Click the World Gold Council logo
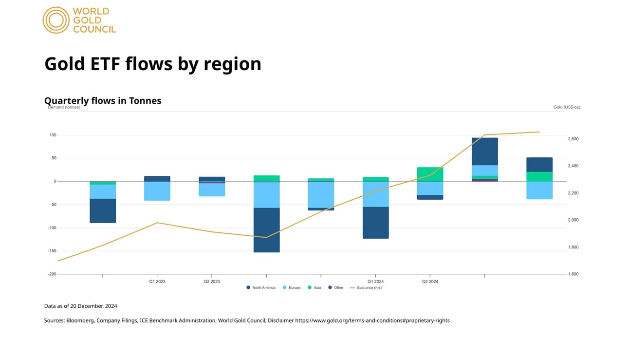pyautogui.click(x=79, y=20)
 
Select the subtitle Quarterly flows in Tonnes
pyautogui.click(x=103, y=100)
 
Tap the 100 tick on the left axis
pyautogui.click(x=52, y=135)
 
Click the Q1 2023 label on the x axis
pyautogui.click(x=157, y=282)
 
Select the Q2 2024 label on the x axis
pyautogui.click(x=430, y=282)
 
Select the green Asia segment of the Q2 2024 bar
pyautogui.click(x=430, y=174)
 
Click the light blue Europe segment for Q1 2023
pyautogui.click(x=157, y=191)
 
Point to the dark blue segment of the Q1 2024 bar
pyautogui.click(x=375, y=223)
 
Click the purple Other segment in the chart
pyautogui.click(x=484, y=180)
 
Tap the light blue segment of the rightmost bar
pyautogui.click(x=539, y=190)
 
